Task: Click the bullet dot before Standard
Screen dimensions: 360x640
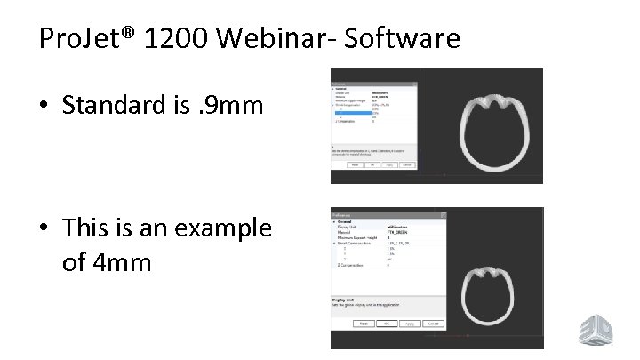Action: pos(44,107)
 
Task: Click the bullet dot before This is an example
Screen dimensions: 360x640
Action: pos(44,229)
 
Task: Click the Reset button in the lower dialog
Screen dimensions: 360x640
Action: pos(363,324)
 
